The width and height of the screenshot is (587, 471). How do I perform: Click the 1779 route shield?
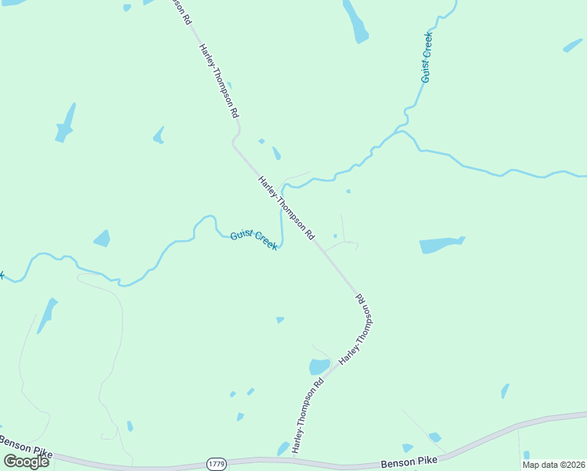217,464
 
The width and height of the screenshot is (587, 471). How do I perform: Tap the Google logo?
26,462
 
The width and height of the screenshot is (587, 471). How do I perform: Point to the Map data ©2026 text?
553,465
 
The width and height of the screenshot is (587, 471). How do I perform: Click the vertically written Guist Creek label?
427,57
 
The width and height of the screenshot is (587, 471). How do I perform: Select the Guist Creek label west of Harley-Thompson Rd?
253,239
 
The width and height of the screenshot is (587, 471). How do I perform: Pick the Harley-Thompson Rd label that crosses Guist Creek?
286,207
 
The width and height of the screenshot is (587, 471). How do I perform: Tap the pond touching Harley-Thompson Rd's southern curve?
319,367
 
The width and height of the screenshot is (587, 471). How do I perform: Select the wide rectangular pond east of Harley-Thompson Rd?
441,245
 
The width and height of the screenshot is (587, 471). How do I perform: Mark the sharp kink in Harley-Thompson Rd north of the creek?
234,142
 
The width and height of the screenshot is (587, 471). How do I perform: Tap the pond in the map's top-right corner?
573,45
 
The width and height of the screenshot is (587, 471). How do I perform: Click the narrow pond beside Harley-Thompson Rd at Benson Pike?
283,448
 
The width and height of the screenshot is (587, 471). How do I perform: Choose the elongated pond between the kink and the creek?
276,153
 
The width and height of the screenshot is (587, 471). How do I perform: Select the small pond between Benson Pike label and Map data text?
434,437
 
